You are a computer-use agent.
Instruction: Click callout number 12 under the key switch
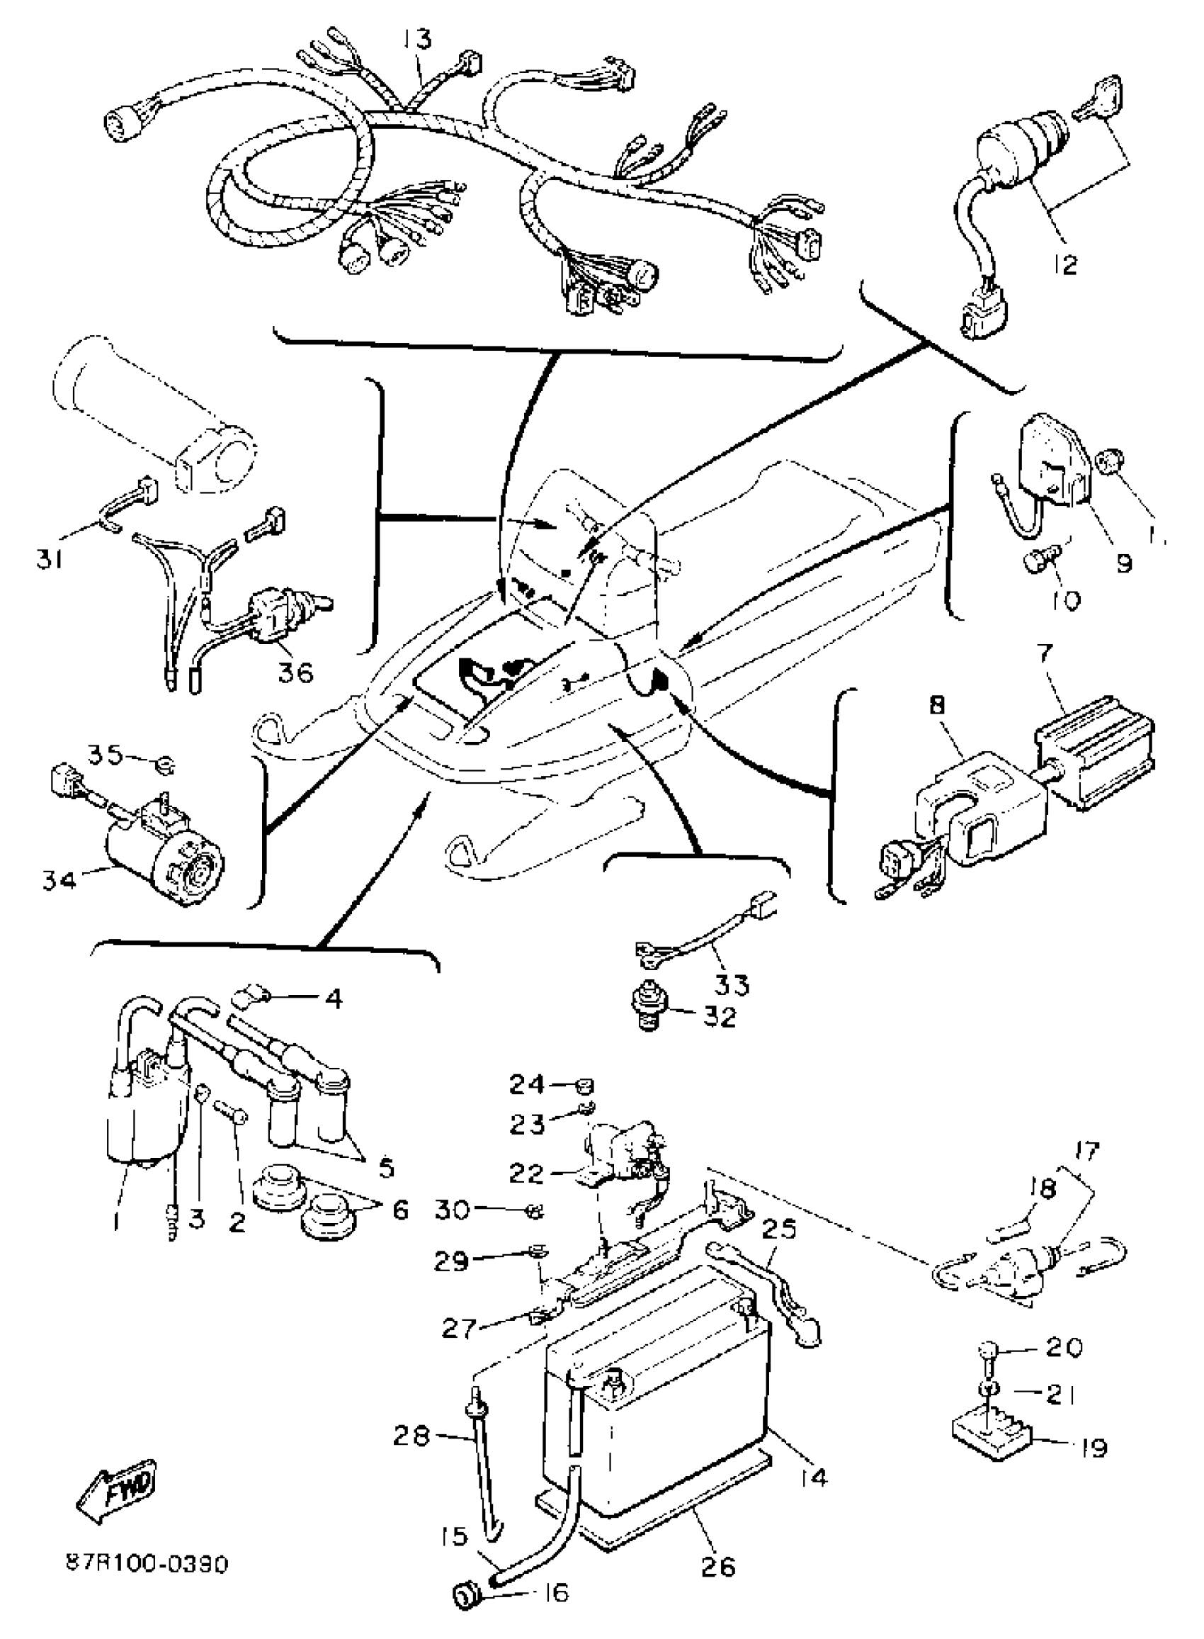(x=1064, y=264)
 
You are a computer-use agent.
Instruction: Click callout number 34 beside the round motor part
(x=59, y=882)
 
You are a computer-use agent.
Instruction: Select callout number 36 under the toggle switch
(x=295, y=671)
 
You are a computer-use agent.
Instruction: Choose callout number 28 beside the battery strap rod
(x=411, y=1436)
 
